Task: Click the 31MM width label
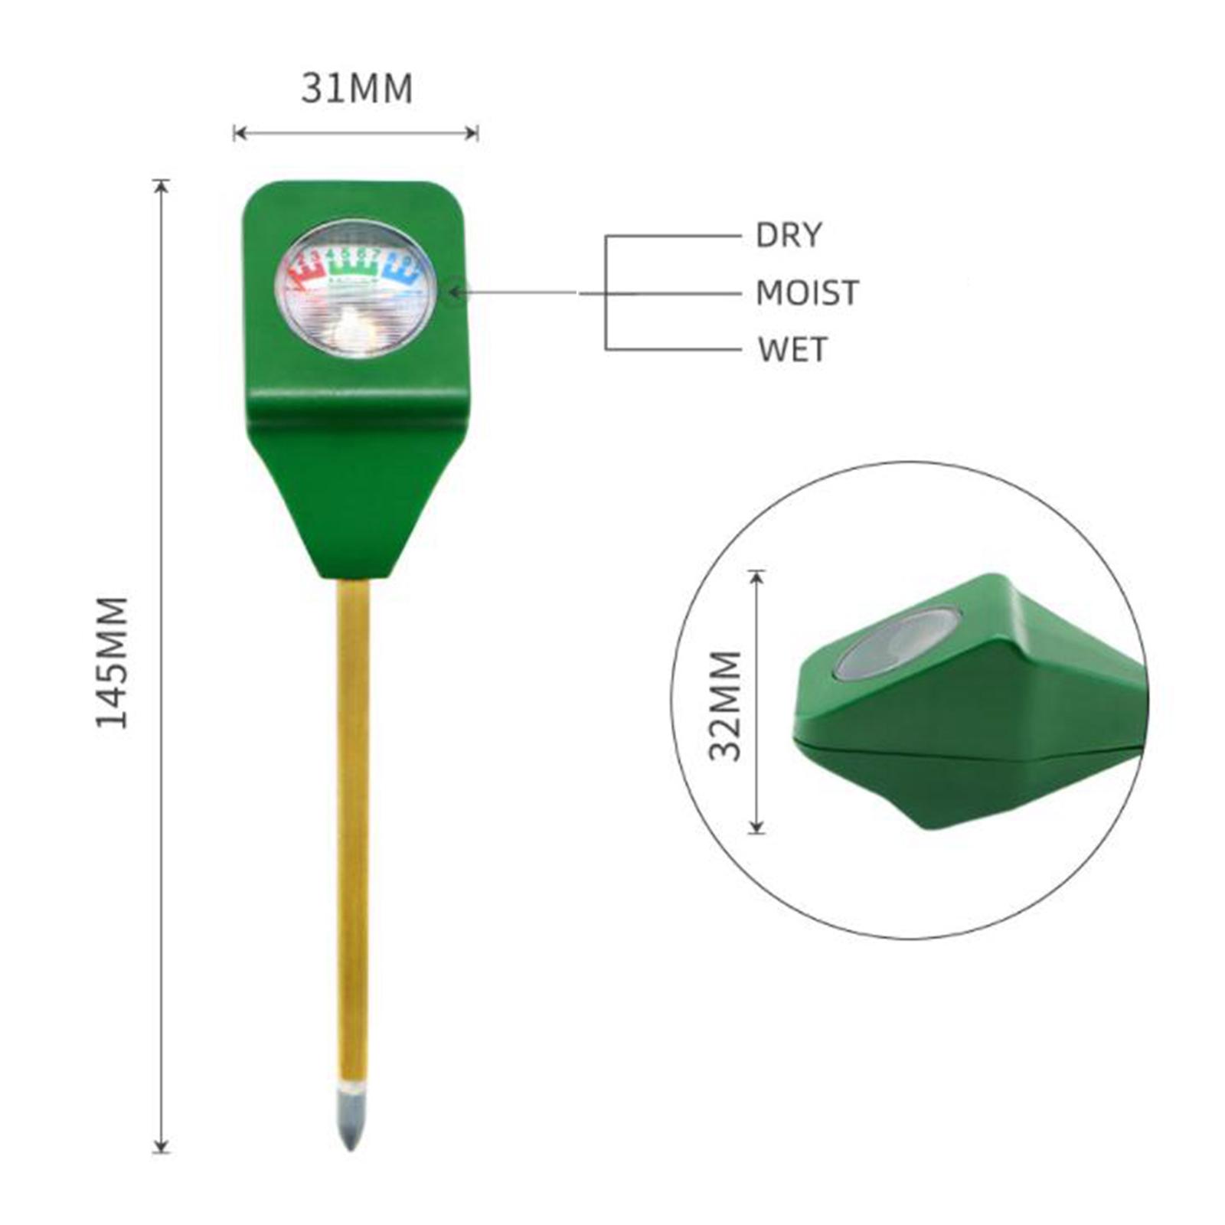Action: pyautogui.click(x=357, y=89)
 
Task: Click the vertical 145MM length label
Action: pyautogui.click(x=112, y=662)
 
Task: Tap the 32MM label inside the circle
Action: pyautogui.click(x=725, y=705)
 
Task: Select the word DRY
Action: pyautogui.click(x=789, y=235)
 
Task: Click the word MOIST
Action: pyautogui.click(x=807, y=293)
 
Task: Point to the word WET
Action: pyautogui.click(x=792, y=350)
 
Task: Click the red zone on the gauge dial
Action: pyautogui.click(x=305, y=272)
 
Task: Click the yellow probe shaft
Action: pyautogui.click(x=353, y=827)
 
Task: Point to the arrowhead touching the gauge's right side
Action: pyautogui.click(x=454, y=292)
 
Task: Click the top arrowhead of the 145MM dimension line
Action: pyautogui.click(x=161, y=186)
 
